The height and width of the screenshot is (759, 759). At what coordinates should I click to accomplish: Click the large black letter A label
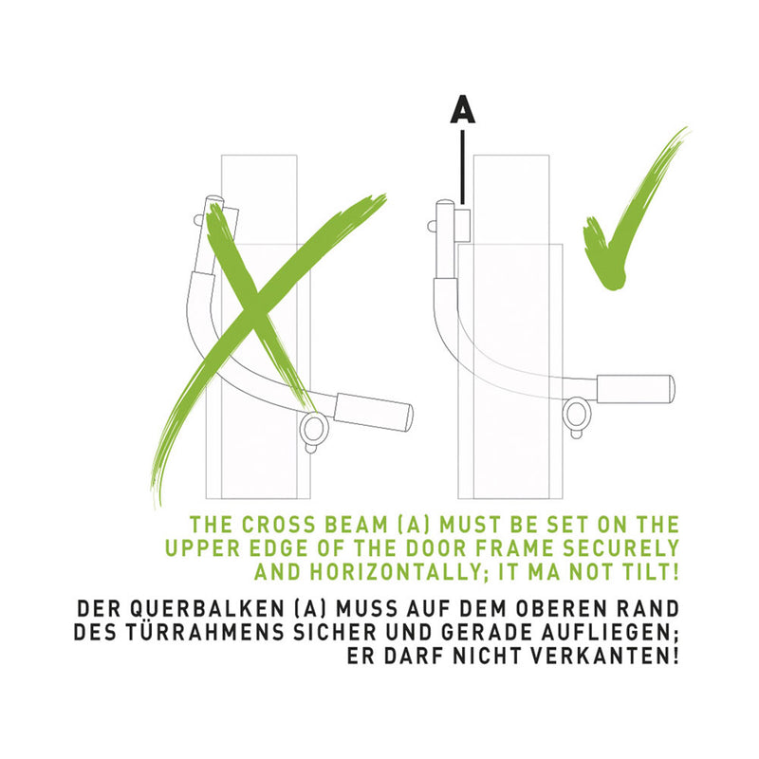tap(463, 108)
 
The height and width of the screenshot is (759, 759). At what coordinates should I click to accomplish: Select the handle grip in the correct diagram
tap(636, 389)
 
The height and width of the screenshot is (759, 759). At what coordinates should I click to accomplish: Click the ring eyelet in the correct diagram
tap(577, 416)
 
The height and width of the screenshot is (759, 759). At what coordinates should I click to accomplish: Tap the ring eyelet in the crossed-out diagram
tap(314, 430)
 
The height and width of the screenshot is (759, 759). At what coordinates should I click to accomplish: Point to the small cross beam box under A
tap(463, 225)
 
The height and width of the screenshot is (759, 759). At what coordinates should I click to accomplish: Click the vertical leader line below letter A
tap(463, 167)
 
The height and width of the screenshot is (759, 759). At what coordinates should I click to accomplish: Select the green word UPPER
tap(203, 548)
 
